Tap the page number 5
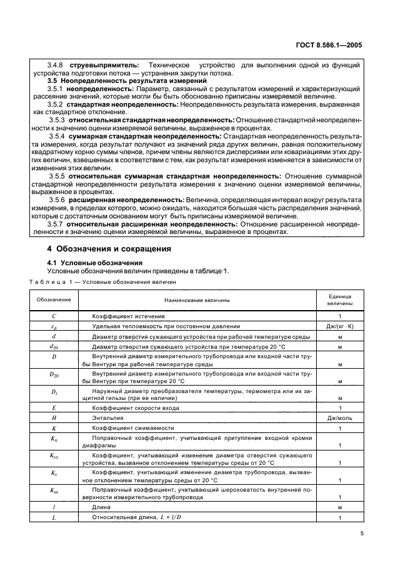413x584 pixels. [362, 533]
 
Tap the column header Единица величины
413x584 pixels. [339, 299]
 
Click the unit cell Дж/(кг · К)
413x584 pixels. [339, 326]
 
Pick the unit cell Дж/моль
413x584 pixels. [339, 417]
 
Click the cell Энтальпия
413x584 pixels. [106, 417]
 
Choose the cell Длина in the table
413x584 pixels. [101, 507]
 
